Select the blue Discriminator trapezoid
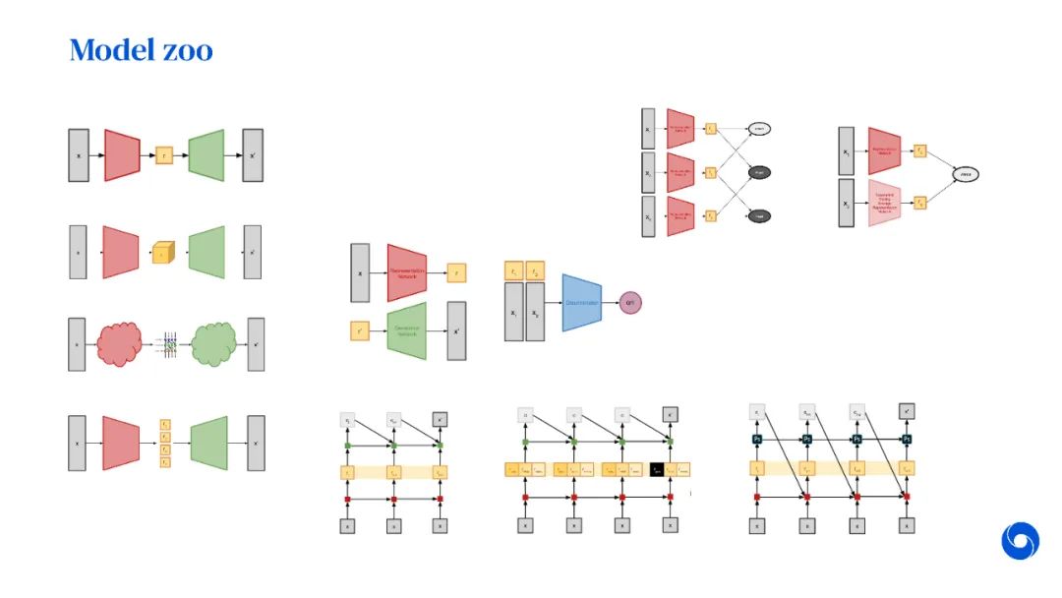[x=581, y=302]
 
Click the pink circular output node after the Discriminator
[x=630, y=302]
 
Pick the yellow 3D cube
[x=163, y=253]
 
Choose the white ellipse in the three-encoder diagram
[x=758, y=128]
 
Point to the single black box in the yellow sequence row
[x=657, y=470]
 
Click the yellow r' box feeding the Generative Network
[x=359, y=331]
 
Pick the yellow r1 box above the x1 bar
[x=513, y=270]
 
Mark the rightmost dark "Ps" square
[x=908, y=438]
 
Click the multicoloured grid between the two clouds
[x=169, y=345]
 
